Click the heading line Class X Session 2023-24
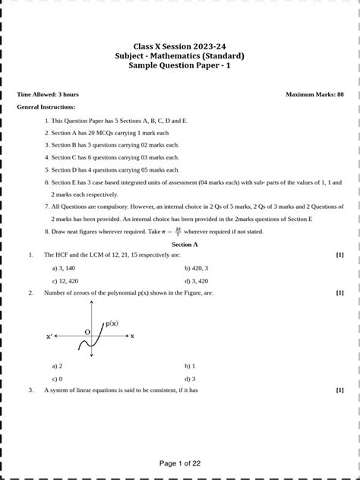pos(179,46)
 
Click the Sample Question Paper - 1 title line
pos(179,66)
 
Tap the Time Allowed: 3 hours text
pos(47,95)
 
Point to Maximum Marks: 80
pos(314,95)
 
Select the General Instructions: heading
pos(46,108)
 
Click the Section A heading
pos(185,245)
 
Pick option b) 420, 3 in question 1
pos(197,268)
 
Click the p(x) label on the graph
pos(112,324)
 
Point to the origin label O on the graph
pos(87,332)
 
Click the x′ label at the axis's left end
pos(50,336)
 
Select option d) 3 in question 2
pos(190,378)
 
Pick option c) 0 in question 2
pos(57,378)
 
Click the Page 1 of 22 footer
pos(180,463)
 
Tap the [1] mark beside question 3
pos(339,390)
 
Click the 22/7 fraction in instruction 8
pos(177,231)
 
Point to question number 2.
pos(30,292)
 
